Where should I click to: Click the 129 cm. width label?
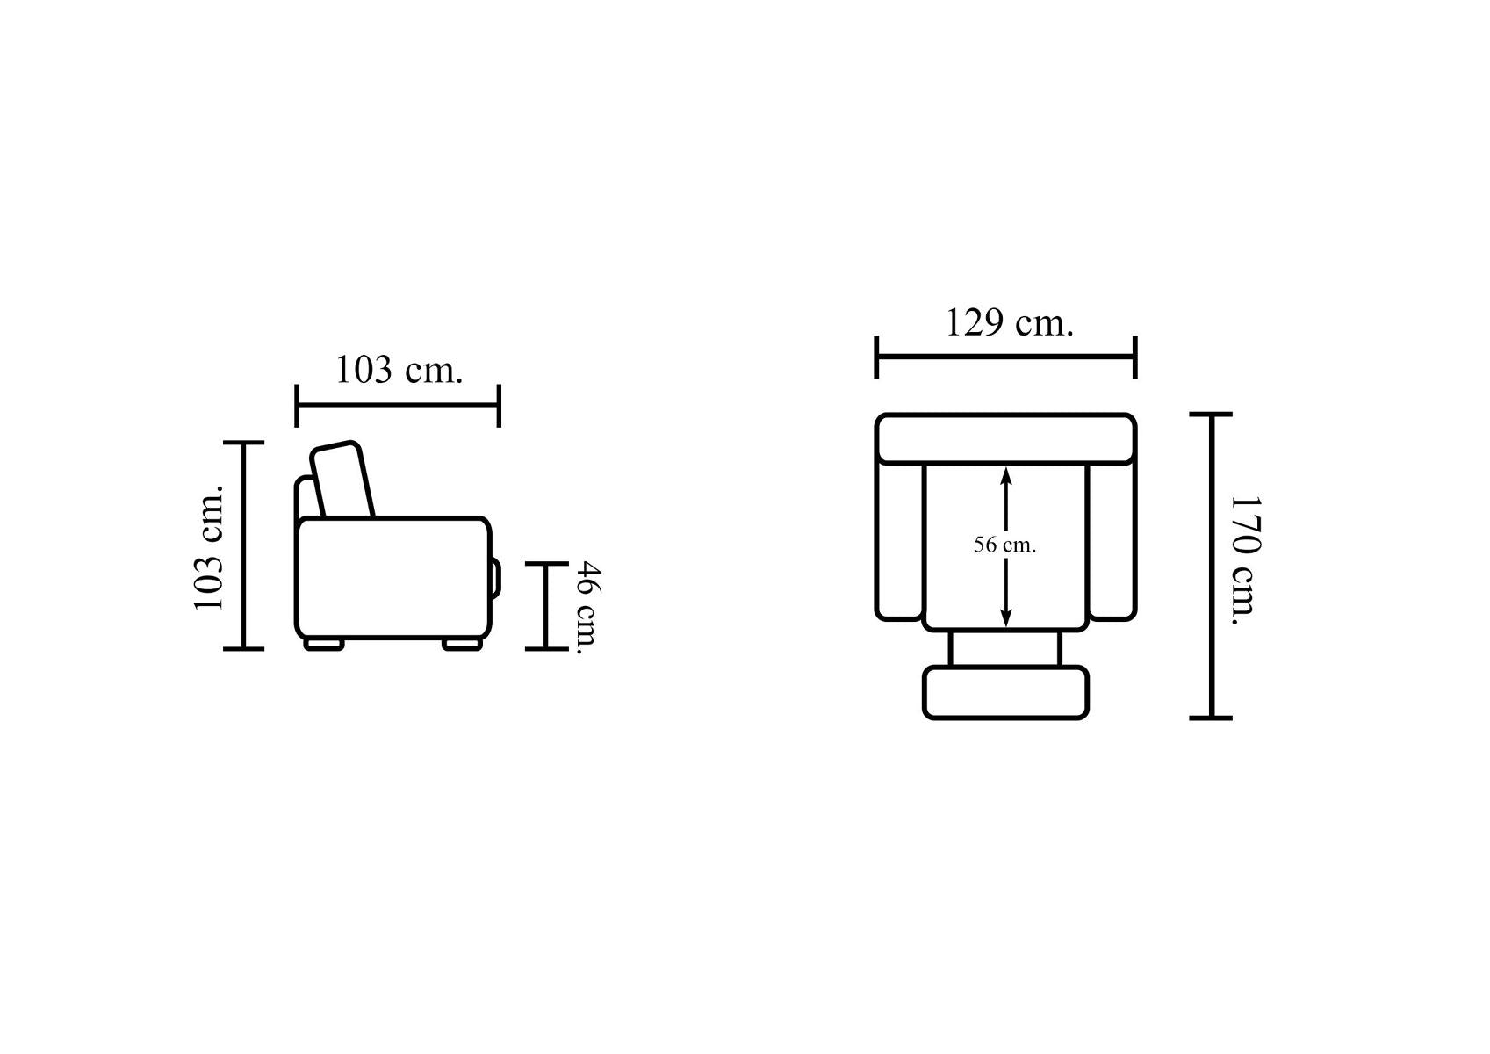click(x=1009, y=323)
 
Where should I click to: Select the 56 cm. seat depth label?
click(x=1005, y=545)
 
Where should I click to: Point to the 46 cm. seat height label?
click(x=587, y=608)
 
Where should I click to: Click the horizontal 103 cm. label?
click(x=399, y=370)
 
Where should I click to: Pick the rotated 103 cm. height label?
click(x=209, y=547)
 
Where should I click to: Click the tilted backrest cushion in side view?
click(x=342, y=480)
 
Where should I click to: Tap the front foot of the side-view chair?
click(x=463, y=644)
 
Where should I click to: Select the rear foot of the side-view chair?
click(x=324, y=644)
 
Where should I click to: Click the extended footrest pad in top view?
click(x=1005, y=693)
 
